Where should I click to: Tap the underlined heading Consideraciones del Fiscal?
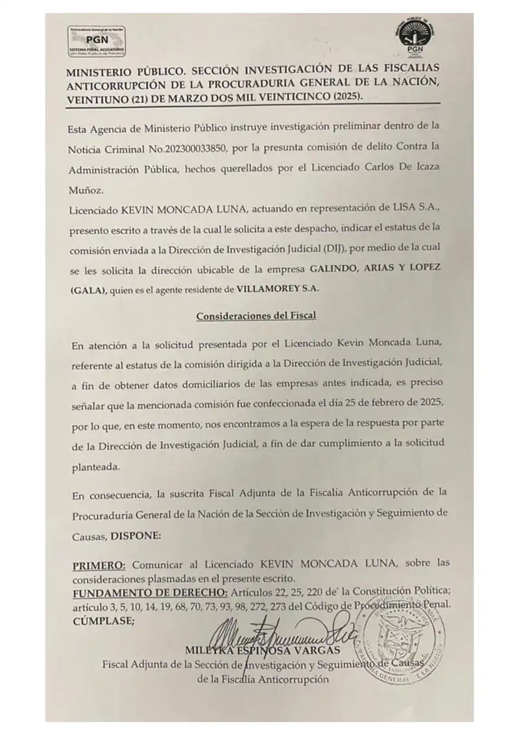[x=256, y=316]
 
